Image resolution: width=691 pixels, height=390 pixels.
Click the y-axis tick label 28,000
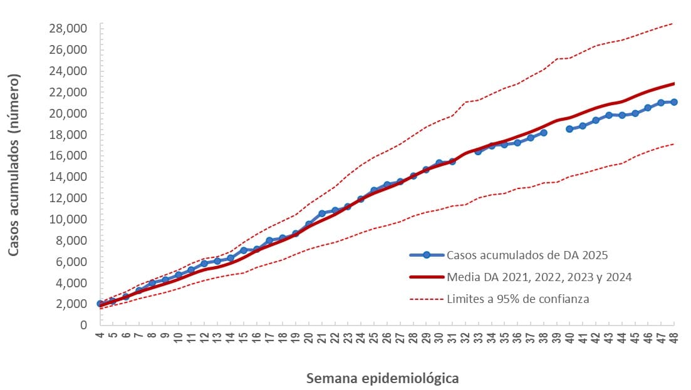click(70, 28)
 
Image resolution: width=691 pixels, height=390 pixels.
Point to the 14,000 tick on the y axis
click(70, 177)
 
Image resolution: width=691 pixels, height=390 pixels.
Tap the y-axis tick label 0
click(83, 325)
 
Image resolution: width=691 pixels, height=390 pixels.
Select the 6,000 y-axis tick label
click(72, 261)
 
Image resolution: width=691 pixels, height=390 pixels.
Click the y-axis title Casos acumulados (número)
click(14, 165)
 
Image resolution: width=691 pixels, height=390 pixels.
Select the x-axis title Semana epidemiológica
click(382, 379)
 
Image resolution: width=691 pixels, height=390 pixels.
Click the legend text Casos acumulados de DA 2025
click(527, 255)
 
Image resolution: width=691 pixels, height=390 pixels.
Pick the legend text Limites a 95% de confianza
click(518, 299)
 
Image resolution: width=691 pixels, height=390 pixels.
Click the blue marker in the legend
click(426, 255)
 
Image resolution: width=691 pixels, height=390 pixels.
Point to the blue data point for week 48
click(674, 102)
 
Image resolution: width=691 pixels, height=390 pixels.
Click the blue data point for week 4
click(100, 304)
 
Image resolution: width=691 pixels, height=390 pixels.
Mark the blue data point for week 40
click(569, 129)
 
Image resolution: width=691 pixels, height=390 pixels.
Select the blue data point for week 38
click(544, 133)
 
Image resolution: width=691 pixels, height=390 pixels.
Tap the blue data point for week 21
click(322, 213)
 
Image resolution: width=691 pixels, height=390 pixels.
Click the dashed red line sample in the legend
click(426, 299)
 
